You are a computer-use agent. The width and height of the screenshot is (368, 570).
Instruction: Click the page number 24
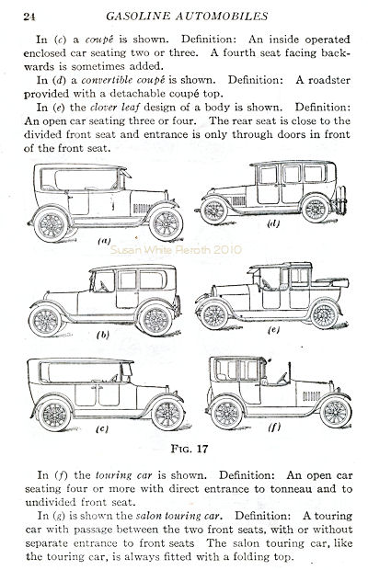[29, 17]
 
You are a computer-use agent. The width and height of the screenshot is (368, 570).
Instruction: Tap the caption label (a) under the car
[104, 240]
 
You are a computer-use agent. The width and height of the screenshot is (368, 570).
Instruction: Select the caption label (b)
[103, 335]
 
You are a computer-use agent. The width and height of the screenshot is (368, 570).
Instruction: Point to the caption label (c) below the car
[102, 429]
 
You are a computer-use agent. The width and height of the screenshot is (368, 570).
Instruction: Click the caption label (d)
[273, 224]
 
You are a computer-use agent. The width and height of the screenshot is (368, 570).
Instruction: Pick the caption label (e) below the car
[273, 330]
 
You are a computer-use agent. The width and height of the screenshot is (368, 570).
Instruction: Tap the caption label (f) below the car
[274, 427]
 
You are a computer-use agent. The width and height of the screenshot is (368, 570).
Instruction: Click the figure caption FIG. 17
[190, 449]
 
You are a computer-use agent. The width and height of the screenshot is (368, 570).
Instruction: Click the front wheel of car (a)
[166, 223]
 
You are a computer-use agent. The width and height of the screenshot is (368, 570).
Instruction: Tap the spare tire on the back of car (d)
[341, 199]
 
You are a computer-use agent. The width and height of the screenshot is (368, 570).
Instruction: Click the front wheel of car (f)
[335, 412]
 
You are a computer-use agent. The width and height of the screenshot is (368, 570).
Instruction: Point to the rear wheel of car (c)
[54, 415]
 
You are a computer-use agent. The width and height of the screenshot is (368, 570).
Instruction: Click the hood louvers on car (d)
[238, 200]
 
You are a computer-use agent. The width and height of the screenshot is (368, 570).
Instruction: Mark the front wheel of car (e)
[214, 315]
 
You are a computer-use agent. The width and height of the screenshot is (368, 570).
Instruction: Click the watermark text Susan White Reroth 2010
[176, 250]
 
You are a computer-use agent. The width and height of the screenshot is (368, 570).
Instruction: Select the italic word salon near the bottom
[148, 516]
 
